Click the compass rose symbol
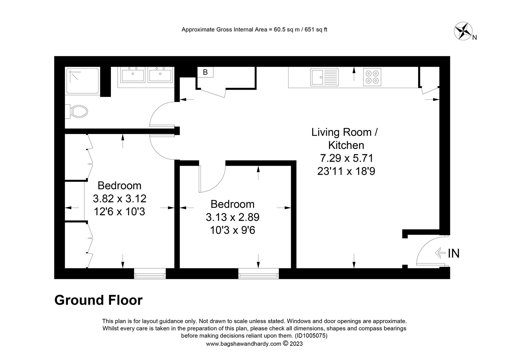462,31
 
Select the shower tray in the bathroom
82,81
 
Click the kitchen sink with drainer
324,77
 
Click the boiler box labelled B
205,72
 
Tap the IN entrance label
453,254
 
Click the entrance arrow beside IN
440,253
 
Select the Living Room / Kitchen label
344,139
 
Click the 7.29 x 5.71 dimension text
346,158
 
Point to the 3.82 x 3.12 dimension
120,199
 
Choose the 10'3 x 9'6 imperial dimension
233,230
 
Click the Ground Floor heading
98,300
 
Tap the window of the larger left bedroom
150,274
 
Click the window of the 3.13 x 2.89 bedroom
258,274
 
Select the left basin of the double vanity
132,75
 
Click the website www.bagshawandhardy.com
244,344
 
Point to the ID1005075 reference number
311,336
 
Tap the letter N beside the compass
475,38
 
